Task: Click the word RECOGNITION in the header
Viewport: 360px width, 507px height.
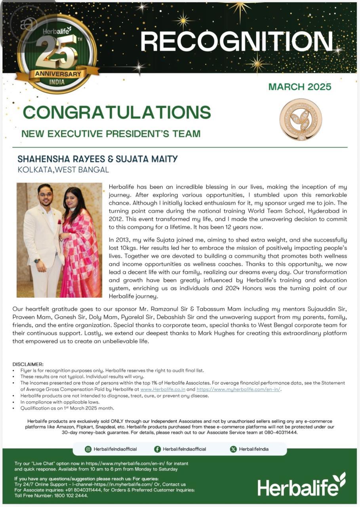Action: (236, 41)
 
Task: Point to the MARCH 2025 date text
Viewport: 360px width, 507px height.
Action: (300, 87)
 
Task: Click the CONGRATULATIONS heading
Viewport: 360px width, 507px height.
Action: (117, 112)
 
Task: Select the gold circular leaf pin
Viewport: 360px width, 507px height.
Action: (301, 119)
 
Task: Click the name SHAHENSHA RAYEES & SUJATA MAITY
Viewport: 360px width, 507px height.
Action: (97, 159)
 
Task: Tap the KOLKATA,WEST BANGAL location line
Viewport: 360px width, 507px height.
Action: (63, 170)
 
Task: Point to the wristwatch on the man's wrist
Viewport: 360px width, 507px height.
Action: (37, 261)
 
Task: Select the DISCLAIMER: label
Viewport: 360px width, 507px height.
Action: (28, 364)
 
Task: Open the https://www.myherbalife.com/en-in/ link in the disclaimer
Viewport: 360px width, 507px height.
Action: (238, 389)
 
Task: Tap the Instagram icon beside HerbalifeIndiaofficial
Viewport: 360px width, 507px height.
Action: (88, 449)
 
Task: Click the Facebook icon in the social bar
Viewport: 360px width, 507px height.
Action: (157, 449)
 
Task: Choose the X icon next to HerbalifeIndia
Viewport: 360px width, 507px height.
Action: (233, 449)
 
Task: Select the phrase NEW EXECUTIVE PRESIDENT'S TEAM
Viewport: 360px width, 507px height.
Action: (111, 133)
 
